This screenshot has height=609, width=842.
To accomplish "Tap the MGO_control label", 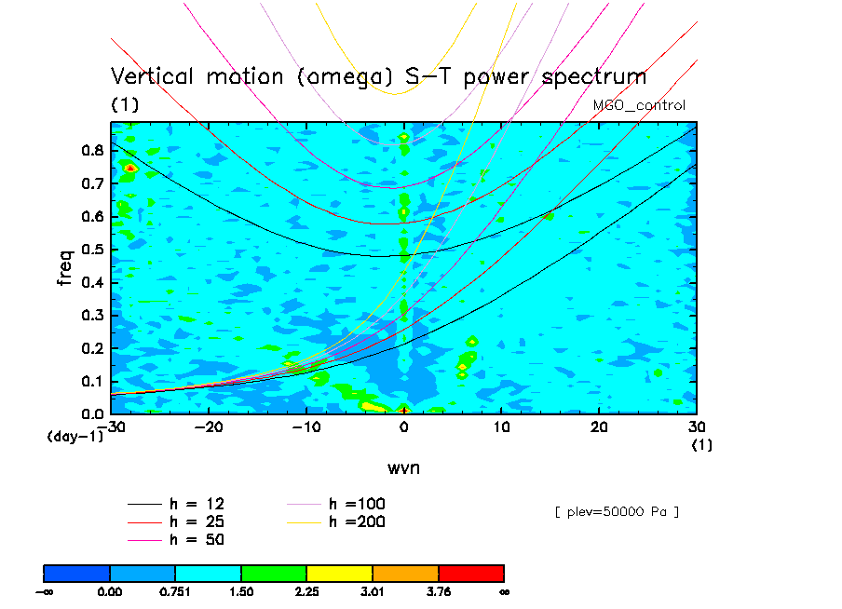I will pyautogui.click(x=639, y=105).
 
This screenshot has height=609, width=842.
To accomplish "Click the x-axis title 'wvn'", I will pyautogui.click(x=404, y=467).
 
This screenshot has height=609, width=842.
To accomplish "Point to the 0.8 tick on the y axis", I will pyautogui.click(x=91, y=150).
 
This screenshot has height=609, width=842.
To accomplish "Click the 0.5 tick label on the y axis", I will pyautogui.click(x=91, y=250).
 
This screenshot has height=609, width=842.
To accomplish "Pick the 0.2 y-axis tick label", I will pyautogui.click(x=91, y=348).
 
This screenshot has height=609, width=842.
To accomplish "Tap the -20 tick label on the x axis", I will pyautogui.click(x=209, y=426).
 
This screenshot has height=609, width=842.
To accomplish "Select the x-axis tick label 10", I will pyautogui.click(x=501, y=426).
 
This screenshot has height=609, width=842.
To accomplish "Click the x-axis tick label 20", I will pyautogui.click(x=599, y=426).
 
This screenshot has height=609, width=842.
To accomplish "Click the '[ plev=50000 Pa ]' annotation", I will pyautogui.click(x=616, y=511).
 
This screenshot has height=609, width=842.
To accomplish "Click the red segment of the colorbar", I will pyautogui.click(x=470, y=572).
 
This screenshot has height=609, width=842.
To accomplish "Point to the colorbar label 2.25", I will pyautogui.click(x=306, y=590).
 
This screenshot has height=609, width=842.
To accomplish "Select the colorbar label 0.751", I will pyautogui.click(x=175, y=590).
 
